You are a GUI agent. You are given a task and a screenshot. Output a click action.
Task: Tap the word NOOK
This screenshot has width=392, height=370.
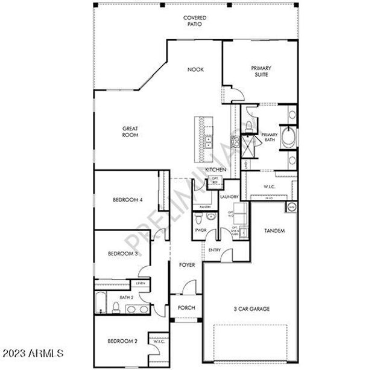195,69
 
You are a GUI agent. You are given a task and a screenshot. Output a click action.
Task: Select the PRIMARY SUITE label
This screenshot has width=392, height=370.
261,71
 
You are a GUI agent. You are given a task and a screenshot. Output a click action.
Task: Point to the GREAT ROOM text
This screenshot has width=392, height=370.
130,132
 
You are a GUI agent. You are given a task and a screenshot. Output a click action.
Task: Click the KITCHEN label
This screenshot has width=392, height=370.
215,170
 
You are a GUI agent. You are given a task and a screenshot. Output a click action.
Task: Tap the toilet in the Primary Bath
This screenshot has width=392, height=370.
249,125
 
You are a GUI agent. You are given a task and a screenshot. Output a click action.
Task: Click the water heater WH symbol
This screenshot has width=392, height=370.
291,207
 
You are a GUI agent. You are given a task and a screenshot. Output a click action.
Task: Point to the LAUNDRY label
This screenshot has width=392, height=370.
230,197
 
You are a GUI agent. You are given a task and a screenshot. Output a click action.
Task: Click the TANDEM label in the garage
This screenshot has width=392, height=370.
275,231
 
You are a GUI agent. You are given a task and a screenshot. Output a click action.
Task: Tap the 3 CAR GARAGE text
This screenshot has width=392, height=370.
251,308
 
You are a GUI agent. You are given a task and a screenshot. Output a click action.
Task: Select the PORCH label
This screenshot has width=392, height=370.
186,308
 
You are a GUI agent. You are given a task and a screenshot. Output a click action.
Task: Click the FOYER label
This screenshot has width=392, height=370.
186,264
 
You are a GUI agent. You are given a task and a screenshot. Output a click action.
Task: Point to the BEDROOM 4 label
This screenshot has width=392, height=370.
127,200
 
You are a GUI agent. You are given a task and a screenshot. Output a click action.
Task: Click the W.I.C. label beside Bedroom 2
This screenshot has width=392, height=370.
159,342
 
